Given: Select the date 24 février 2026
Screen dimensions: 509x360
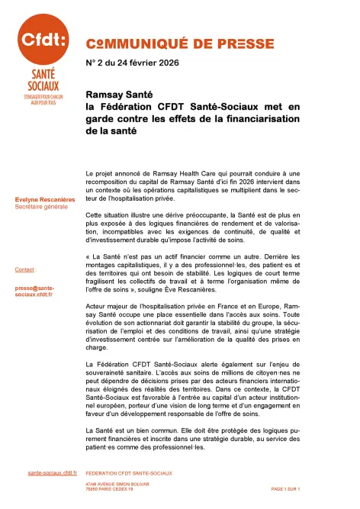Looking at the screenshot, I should (149, 62).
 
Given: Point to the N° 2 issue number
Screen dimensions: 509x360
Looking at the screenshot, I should (97, 62).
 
